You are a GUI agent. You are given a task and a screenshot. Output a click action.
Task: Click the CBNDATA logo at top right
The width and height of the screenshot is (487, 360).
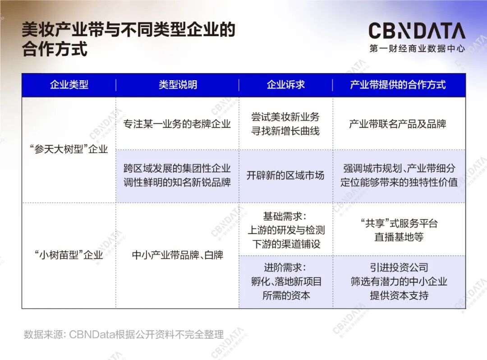click(x=417, y=31)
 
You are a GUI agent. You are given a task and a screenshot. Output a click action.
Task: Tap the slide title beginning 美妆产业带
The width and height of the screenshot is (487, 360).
click(x=129, y=39)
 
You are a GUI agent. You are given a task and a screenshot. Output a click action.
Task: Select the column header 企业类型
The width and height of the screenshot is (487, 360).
click(x=69, y=85)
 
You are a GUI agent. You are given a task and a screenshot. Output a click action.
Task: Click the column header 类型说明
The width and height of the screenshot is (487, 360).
click(x=178, y=85)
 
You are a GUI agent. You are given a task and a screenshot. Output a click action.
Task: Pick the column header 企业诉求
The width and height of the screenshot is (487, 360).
click(x=286, y=85)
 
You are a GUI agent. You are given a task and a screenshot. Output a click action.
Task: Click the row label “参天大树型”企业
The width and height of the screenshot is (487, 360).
click(x=69, y=149)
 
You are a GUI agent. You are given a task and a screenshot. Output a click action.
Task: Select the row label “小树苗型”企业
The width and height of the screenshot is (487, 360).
click(x=69, y=255)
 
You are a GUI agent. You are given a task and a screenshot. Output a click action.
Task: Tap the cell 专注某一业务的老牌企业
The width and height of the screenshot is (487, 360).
click(x=177, y=124)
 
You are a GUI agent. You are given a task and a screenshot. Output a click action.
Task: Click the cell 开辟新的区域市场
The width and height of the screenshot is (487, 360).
click(x=285, y=175)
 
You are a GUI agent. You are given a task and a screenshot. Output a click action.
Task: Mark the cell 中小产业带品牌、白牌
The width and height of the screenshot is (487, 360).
click(x=177, y=255)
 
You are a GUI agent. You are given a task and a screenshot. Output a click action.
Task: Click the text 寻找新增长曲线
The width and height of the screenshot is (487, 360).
click(x=285, y=131)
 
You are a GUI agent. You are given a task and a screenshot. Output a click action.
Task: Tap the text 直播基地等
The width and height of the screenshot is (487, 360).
click(x=399, y=237)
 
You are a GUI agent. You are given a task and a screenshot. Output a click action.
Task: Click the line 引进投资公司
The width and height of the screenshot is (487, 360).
click(x=399, y=268)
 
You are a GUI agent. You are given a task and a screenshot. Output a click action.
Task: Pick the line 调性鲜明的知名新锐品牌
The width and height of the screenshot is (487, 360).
click(x=177, y=183)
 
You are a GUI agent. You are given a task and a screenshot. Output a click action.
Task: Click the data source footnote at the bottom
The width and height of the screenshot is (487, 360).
click(x=124, y=335)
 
